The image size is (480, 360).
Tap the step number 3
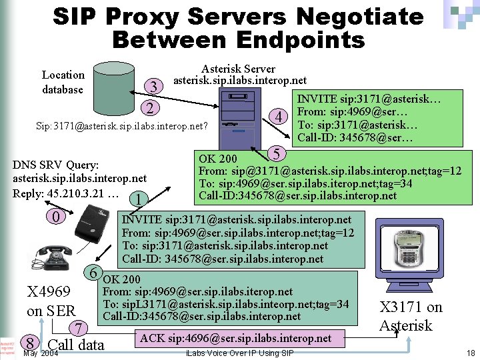point(154,87)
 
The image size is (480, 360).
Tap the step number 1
point(136,199)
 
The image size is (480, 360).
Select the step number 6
point(95,273)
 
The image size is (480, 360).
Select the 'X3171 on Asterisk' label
point(410,316)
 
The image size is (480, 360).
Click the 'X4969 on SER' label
point(51,301)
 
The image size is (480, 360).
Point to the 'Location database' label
point(63,82)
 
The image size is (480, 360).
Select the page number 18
point(471,353)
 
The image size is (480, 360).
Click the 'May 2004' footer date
point(40,353)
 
